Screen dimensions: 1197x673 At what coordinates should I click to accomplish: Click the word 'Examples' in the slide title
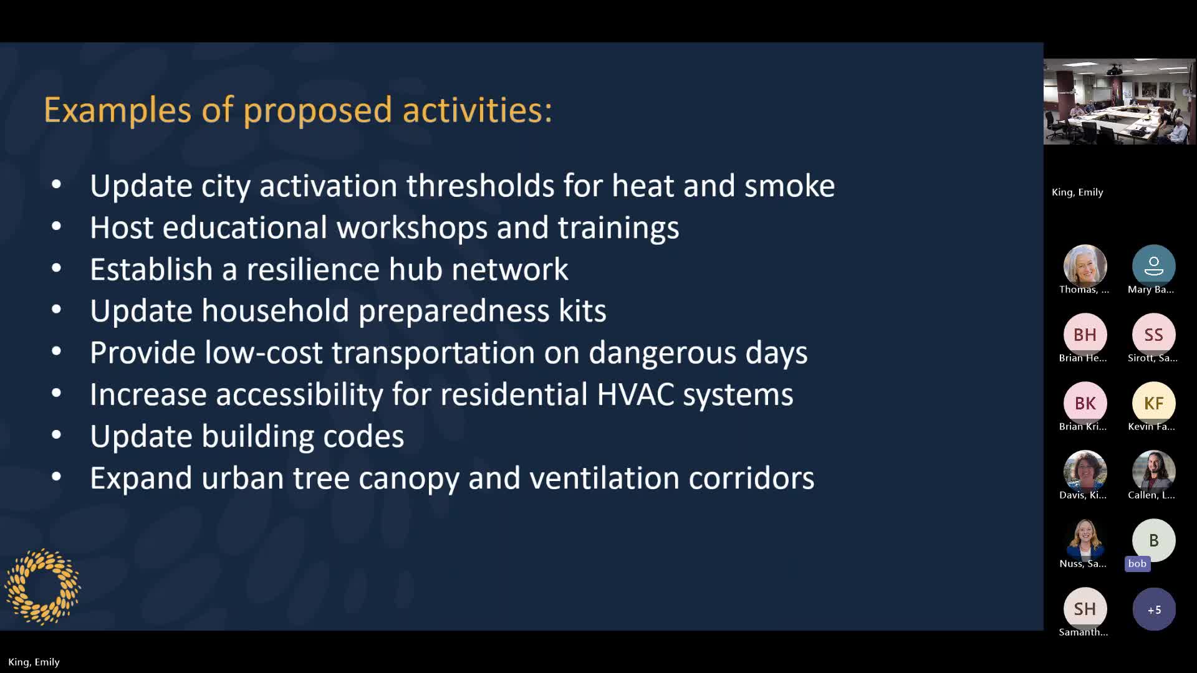[117, 110]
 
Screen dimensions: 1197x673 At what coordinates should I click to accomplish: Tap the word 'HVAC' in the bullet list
[635, 394]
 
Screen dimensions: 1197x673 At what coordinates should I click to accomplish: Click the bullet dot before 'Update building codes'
[56, 434]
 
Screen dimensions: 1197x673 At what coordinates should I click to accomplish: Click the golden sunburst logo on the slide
[42, 586]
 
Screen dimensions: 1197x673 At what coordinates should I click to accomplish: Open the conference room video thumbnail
[1119, 102]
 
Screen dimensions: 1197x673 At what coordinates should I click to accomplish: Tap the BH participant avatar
[1085, 335]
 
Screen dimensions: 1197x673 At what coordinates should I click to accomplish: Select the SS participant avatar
[1153, 335]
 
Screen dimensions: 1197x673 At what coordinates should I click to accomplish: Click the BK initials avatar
[1085, 403]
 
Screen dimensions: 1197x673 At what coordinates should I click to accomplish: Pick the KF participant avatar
[1153, 403]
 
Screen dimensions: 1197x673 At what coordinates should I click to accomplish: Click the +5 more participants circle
[1154, 609]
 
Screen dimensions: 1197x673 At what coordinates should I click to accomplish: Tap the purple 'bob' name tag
[1137, 563]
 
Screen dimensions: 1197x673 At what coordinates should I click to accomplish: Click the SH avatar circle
[1085, 609]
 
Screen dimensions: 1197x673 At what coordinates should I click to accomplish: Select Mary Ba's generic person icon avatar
[1153, 266]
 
